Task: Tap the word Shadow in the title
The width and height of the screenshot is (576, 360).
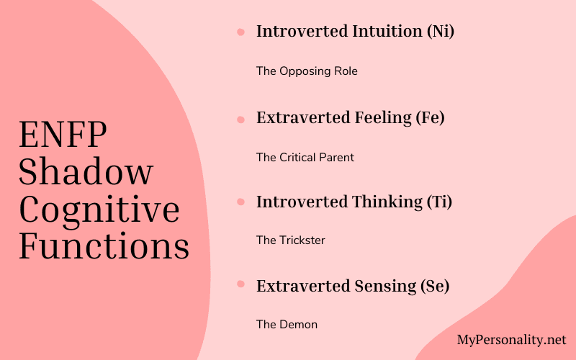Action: [x=86, y=173]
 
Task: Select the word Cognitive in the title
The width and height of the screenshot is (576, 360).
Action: [x=99, y=210]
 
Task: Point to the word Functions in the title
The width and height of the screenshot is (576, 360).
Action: [x=104, y=246]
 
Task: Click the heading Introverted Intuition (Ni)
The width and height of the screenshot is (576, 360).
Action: [x=356, y=32]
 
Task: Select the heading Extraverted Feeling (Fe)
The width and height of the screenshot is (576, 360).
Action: [x=351, y=117]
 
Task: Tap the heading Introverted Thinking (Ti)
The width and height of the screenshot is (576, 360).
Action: [x=354, y=202]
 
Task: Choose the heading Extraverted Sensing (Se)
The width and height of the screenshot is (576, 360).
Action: [x=353, y=286]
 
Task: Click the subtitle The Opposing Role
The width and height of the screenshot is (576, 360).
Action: [x=307, y=71]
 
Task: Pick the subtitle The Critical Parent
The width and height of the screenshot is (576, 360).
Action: [x=305, y=157]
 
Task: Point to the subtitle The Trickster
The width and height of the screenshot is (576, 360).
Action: [x=291, y=240]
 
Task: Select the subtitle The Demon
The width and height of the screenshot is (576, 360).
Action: [x=287, y=325]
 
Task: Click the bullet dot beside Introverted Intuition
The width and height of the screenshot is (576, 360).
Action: [x=240, y=32]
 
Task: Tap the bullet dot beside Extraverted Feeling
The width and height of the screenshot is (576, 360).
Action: [x=240, y=117]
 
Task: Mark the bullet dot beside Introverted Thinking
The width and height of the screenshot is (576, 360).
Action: [x=240, y=202]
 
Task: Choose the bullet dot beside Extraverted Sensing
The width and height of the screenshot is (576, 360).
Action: [x=240, y=286]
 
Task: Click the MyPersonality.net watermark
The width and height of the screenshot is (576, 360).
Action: [x=512, y=339]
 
